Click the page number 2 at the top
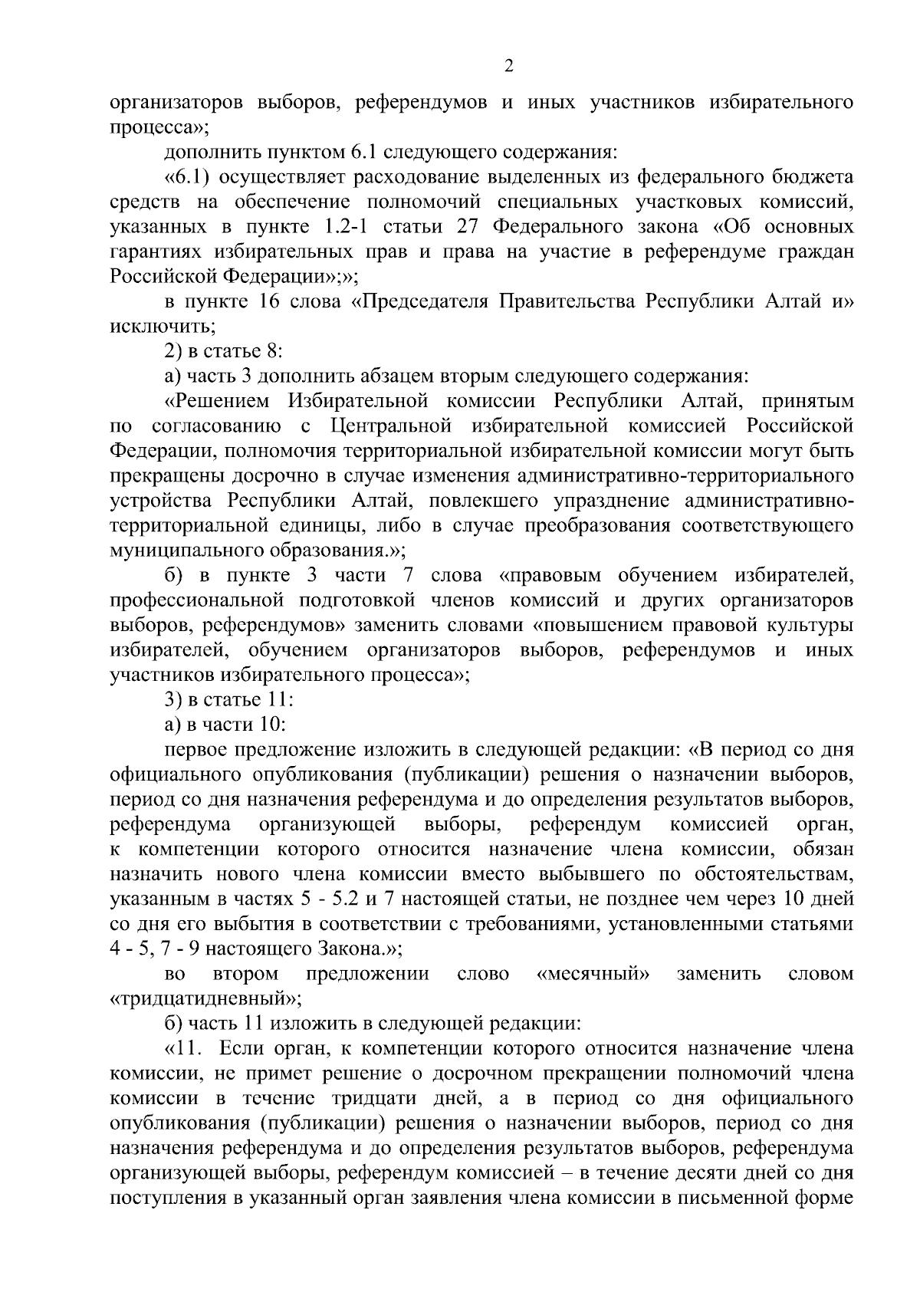point(508,67)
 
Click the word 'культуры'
point(813,626)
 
